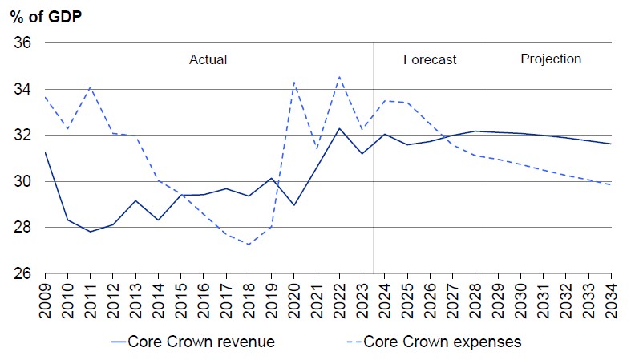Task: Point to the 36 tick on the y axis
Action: click(x=22, y=42)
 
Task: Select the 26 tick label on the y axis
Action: click(x=22, y=273)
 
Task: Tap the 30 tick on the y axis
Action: click(x=22, y=181)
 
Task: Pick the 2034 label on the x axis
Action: click(x=612, y=296)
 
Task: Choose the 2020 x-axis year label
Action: click(x=293, y=296)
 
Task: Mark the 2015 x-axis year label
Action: click(x=180, y=296)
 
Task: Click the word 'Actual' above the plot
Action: click(x=208, y=59)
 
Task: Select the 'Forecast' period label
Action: click(x=430, y=59)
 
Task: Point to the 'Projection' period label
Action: click(x=551, y=59)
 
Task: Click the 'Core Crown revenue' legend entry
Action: click(x=192, y=342)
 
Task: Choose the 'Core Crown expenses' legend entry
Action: click(x=442, y=342)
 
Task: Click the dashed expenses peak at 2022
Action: click(x=339, y=77)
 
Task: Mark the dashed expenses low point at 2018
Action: click(x=249, y=245)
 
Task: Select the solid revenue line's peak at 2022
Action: click(x=339, y=128)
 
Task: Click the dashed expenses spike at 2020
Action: click(x=294, y=82)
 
